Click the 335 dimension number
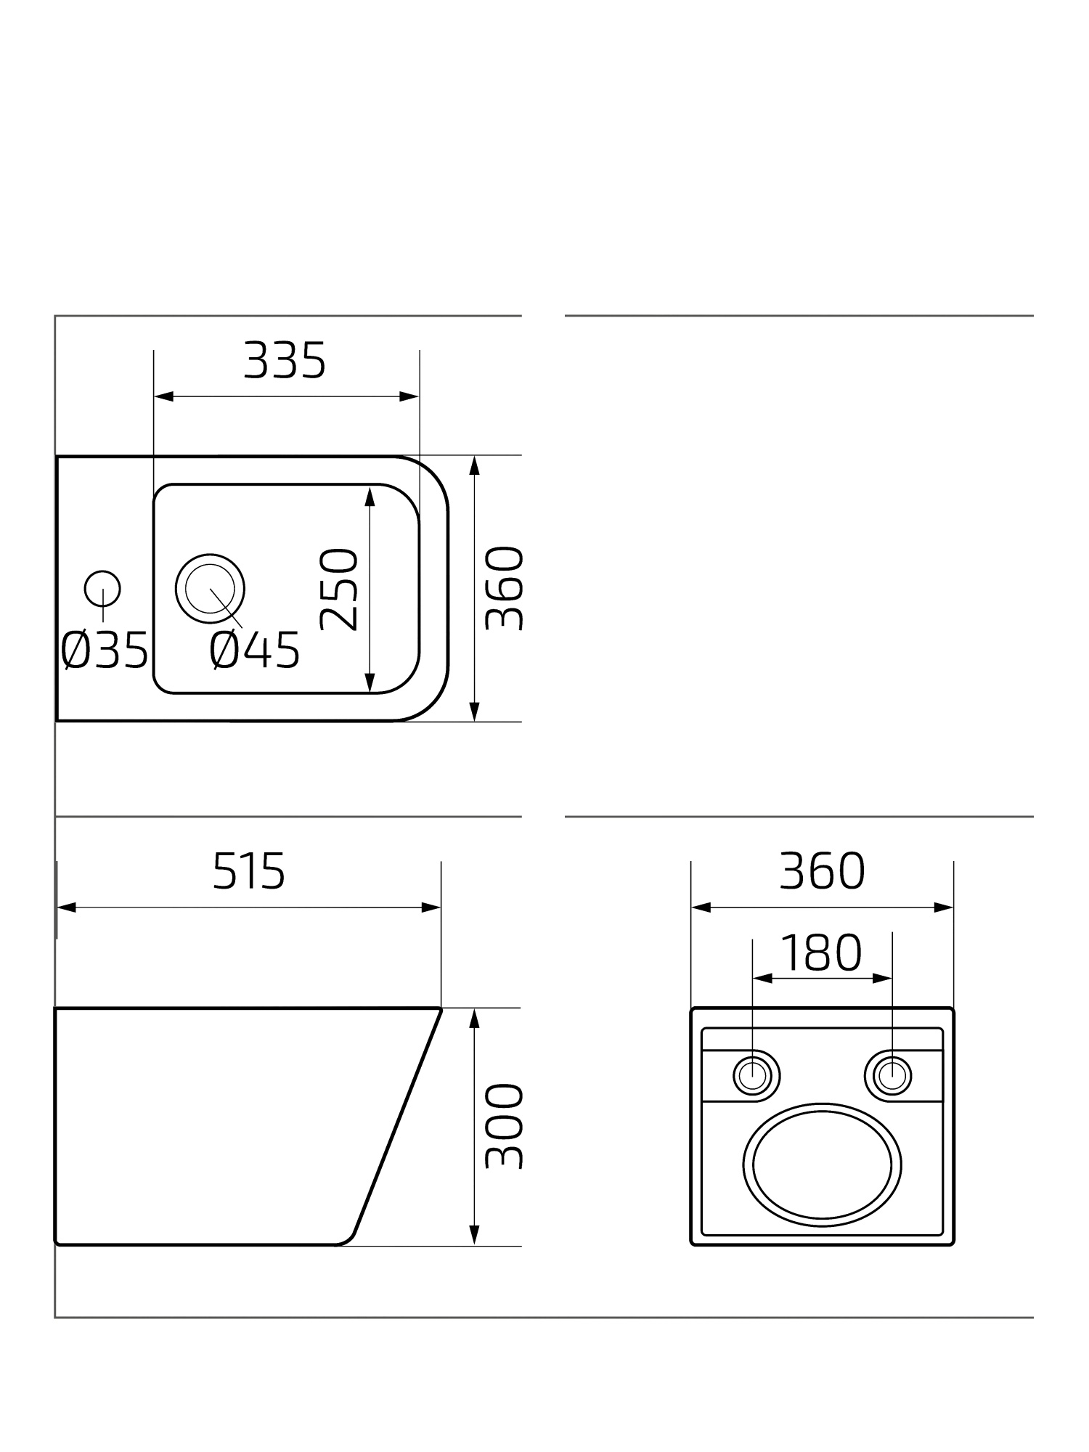click(285, 361)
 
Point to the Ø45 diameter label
click(255, 650)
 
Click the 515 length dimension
click(249, 871)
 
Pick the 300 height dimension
click(503, 1127)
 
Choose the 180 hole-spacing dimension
click(821, 953)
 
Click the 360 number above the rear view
click(822, 871)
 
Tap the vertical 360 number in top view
click(503, 589)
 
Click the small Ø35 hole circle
click(102, 589)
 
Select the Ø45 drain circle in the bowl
click(210, 589)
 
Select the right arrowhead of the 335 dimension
click(410, 396)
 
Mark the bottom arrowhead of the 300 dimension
click(474, 1235)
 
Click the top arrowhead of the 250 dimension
click(370, 497)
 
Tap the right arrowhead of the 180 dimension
click(883, 979)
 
